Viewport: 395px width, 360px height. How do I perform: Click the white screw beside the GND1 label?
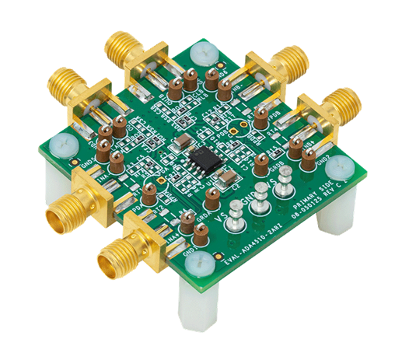(x=61, y=145)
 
